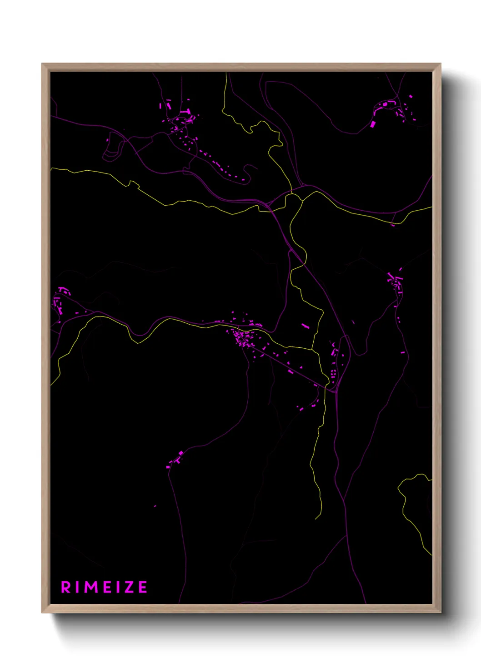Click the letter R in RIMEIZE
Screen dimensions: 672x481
[66, 587]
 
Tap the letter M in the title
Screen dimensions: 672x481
[91, 587]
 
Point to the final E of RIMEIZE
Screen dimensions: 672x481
[143, 587]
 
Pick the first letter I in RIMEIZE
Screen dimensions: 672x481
[78, 587]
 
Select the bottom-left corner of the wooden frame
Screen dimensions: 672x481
[42, 613]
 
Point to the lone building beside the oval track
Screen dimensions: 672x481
[108, 140]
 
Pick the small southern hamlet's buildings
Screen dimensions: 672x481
[175, 460]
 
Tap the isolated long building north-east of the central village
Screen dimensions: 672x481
[305, 326]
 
